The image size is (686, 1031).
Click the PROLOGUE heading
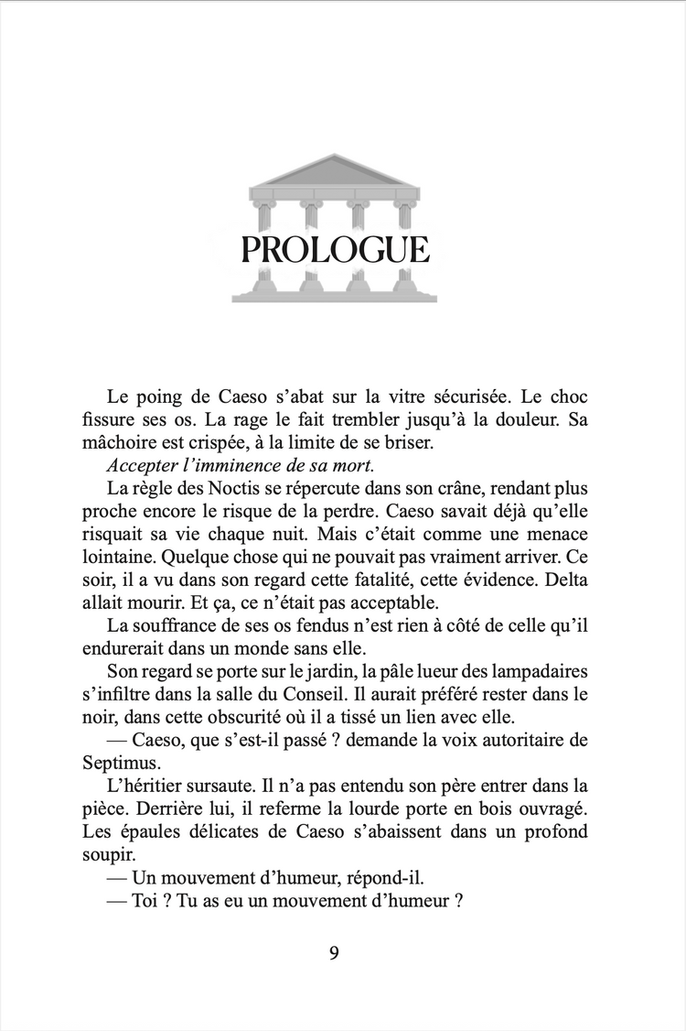tap(335, 249)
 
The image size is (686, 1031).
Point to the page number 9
tap(334, 952)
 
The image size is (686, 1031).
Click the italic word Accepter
tap(143, 464)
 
